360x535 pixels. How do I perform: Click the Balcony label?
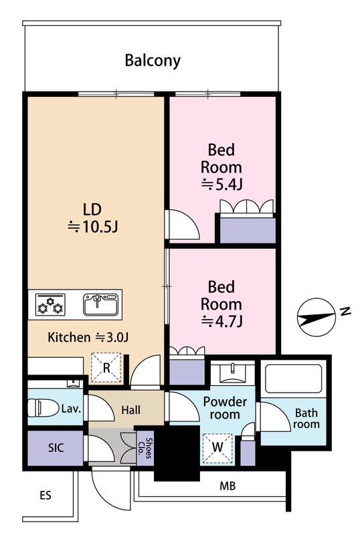tap(153, 61)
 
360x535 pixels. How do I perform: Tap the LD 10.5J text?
tap(92, 218)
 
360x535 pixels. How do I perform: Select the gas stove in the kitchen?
tap(51, 304)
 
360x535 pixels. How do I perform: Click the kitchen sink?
tap(101, 304)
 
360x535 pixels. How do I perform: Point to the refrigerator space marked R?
tap(106, 367)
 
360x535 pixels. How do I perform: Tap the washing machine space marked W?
tap(217, 448)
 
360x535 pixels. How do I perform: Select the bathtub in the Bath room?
tap(293, 379)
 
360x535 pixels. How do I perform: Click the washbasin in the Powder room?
tap(233, 373)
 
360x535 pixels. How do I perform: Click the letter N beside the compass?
tap(345, 312)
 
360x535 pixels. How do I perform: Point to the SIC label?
tap(56, 447)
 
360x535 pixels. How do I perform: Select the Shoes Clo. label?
tap(145, 448)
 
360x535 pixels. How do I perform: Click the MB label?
tap(228, 486)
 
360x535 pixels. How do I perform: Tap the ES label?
tap(46, 495)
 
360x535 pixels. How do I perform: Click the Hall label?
tap(130, 410)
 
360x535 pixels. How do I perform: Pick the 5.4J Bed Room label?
tap(221, 167)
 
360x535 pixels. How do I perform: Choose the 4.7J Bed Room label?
tap(221, 304)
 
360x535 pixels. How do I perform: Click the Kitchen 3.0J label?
tap(88, 337)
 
